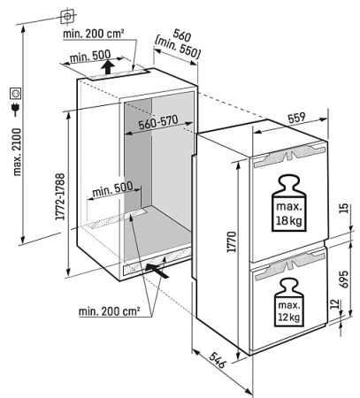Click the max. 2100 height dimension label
pyautogui.click(x=17, y=152)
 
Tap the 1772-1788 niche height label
pyautogui.click(x=60, y=196)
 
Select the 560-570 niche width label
pyautogui.click(x=158, y=123)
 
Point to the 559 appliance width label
pyautogui.click(x=296, y=118)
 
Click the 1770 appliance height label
pyautogui.click(x=232, y=241)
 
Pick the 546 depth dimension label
pyautogui.click(x=218, y=360)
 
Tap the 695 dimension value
pyautogui.click(x=343, y=279)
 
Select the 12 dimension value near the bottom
pyautogui.click(x=334, y=304)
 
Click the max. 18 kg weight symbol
pyautogui.click(x=289, y=203)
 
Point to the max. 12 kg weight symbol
pyautogui.click(x=288, y=302)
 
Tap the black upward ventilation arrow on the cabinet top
pyautogui.click(x=108, y=67)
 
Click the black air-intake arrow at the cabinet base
pyautogui.click(x=157, y=271)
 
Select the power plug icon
pyautogui.click(x=15, y=109)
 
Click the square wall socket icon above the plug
pyautogui.click(x=15, y=94)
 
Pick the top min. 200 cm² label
pyautogui.click(x=93, y=34)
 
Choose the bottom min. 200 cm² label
pyautogui.click(x=109, y=311)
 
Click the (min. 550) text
pyautogui.click(x=178, y=48)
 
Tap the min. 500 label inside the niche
pyautogui.click(x=112, y=189)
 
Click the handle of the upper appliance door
pyautogui.click(x=289, y=155)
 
